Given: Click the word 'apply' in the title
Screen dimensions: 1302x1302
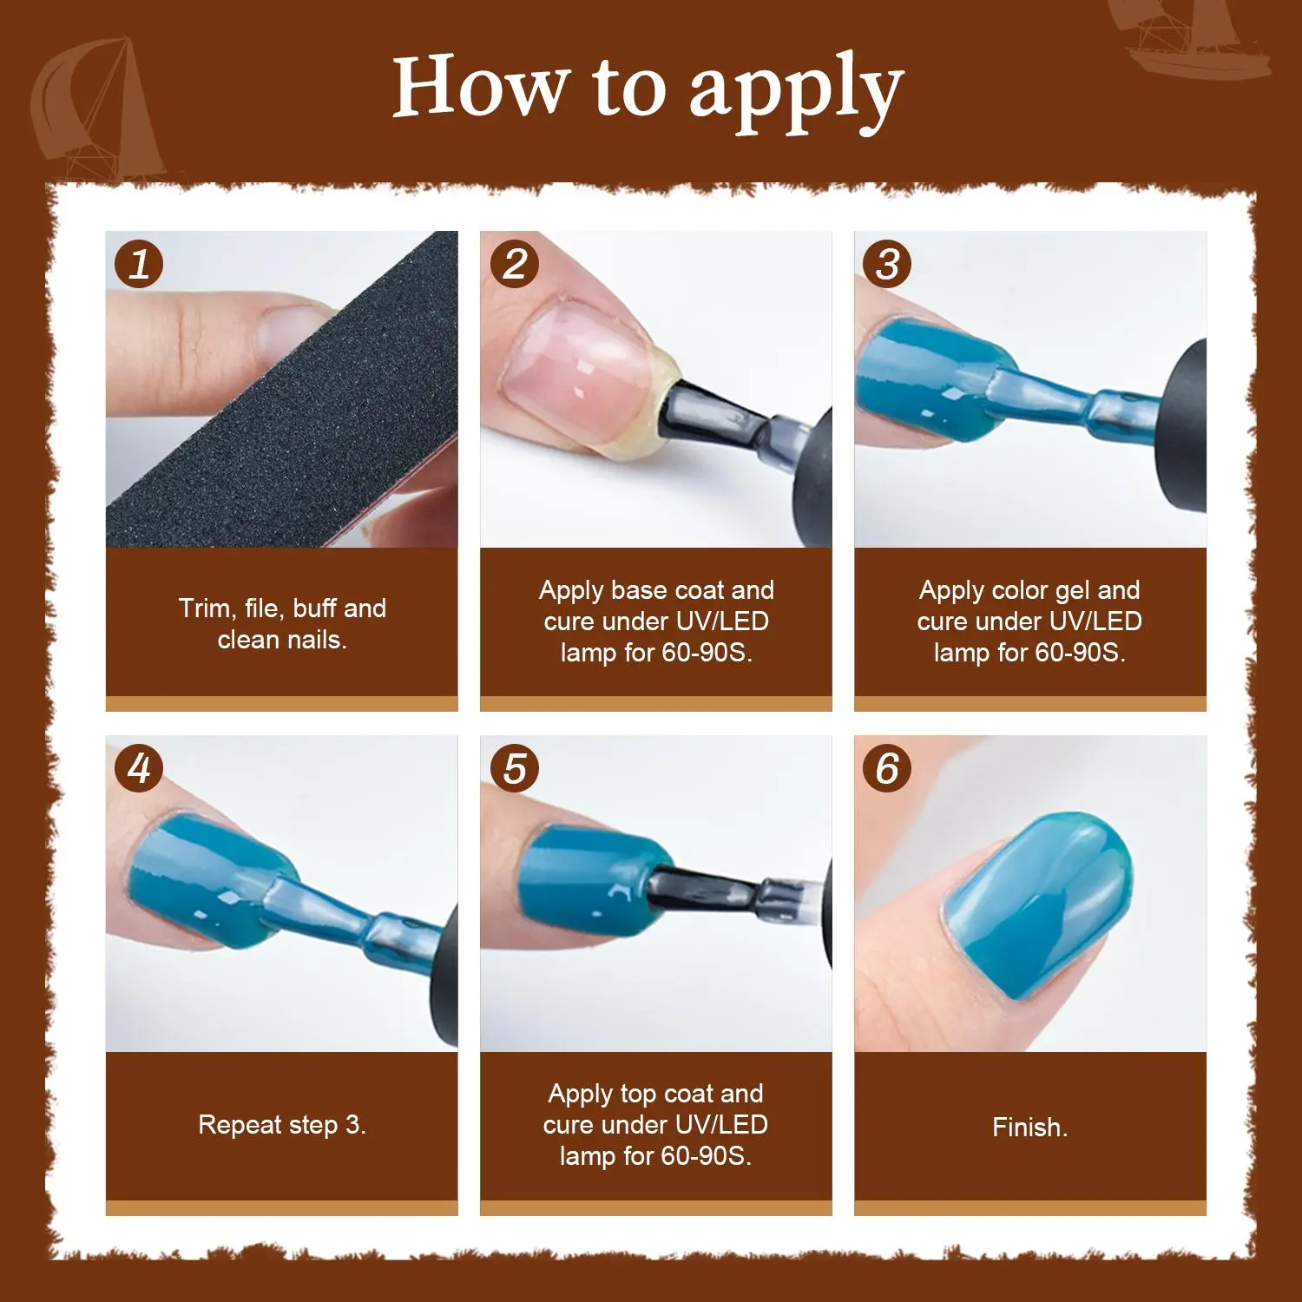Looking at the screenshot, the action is pyautogui.click(x=796, y=91).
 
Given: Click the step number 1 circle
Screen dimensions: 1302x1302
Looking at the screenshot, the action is pyautogui.click(x=139, y=264).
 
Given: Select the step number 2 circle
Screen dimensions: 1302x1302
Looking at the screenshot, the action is pyautogui.click(x=515, y=264).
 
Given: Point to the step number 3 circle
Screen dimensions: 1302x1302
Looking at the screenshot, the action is pyautogui.click(x=887, y=264).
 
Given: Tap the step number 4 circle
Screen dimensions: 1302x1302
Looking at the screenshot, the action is pyautogui.click(x=139, y=768).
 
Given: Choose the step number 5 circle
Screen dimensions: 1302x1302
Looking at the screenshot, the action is pyautogui.click(x=515, y=768).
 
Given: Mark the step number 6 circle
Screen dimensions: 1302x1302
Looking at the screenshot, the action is pyautogui.click(x=887, y=768).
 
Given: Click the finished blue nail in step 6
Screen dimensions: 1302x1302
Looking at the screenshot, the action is pyautogui.click(x=1037, y=907).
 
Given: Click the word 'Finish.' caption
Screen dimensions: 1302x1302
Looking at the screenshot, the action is pyautogui.click(x=1030, y=1128).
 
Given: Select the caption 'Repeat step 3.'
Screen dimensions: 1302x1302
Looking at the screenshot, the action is pyautogui.click(x=282, y=1125).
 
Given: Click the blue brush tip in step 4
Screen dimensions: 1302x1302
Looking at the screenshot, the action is pyautogui.click(x=312, y=907).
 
